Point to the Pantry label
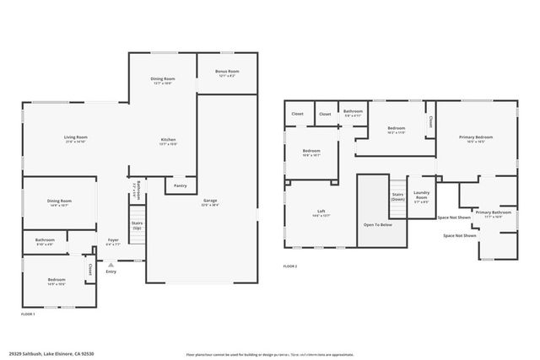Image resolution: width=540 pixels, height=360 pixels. pyautogui.click(x=180, y=185)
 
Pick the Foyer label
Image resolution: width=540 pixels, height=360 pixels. pyautogui.click(x=113, y=240)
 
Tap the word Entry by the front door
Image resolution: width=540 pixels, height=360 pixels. pyautogui.click(x=111, y=271)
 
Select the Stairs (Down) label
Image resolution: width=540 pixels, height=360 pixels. pyautogui.click(x=397, y=196)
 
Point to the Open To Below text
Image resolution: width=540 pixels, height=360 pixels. pyautogui.click(x=377, y=225)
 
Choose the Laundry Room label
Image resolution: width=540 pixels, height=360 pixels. pyautogui.click(x=421, y=198)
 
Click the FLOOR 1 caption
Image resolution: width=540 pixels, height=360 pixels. pyautogui.click(x=28, y=314)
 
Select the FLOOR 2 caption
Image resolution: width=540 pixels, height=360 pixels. pyautogui.click(x=290, y=267)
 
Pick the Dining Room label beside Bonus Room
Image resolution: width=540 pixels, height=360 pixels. pyautogui.click(x=163, y=80)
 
